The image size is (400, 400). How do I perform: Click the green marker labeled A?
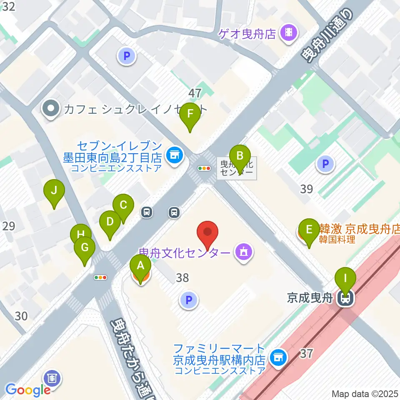(x=140, y=265)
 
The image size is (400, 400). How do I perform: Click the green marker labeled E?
(x=309, y=229)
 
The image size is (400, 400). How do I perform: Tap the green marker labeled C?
(x=123, y=205)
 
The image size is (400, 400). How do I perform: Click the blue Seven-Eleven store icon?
(x=174, y=155)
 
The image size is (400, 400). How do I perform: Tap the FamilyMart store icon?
(x=277, y=357)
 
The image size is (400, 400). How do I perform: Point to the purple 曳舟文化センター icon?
(x=243, y=251)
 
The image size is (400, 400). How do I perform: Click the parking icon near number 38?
(x=189, y=300)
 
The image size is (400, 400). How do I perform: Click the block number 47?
(x=195, y=93)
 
